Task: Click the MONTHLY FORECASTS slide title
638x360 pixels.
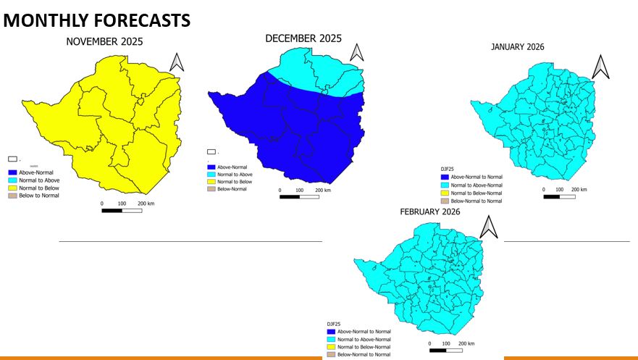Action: [97, 21]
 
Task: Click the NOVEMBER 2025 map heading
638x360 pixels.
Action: [104, 42]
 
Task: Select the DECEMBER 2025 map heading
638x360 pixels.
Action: [303, 38]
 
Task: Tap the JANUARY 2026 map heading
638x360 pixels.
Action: [517, 47]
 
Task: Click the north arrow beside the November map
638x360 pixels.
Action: [177, 62]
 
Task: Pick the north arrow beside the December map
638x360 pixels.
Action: [356, 52]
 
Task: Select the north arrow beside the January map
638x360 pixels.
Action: [600, 67]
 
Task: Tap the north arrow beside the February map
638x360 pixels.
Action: [490, 227]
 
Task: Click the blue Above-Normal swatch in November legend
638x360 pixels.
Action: [12, 172]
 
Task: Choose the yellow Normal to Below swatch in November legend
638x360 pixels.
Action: [12, 188]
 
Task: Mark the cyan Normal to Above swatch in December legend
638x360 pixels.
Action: [212, 174]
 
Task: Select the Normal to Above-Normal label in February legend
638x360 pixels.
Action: [364, 339]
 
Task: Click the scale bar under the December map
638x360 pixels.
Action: [299, 196]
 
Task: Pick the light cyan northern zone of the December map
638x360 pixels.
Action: [319, 69]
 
